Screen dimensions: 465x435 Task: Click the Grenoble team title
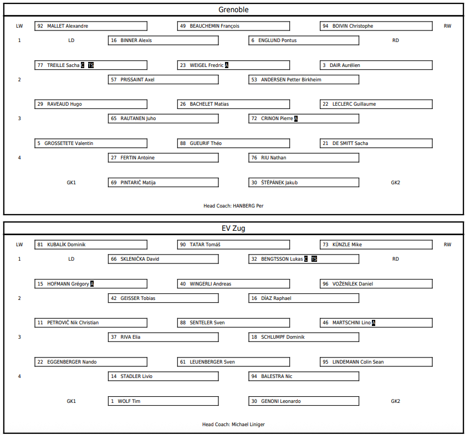233,10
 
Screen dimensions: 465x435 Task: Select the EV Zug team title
233,229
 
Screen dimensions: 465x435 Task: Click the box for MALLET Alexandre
91,26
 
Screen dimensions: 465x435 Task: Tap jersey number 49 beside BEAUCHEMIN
183,26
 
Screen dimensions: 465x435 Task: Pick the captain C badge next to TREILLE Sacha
83,65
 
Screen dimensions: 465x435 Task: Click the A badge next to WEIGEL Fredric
227,65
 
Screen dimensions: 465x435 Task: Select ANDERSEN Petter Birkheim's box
304,80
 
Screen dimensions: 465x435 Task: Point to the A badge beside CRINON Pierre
296,118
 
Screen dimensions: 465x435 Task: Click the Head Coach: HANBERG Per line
233,206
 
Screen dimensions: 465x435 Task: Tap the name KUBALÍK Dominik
66,245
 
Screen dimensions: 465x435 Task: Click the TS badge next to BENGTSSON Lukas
314,259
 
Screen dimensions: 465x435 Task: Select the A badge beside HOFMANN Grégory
92,284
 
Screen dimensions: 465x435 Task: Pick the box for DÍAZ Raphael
304,298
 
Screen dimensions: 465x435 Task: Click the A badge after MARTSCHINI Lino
374,323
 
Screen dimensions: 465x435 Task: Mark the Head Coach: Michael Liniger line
233,424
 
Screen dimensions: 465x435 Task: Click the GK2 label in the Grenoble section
395,183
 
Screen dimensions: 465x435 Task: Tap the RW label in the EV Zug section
447,245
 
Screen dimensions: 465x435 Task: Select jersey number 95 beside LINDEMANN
325,362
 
